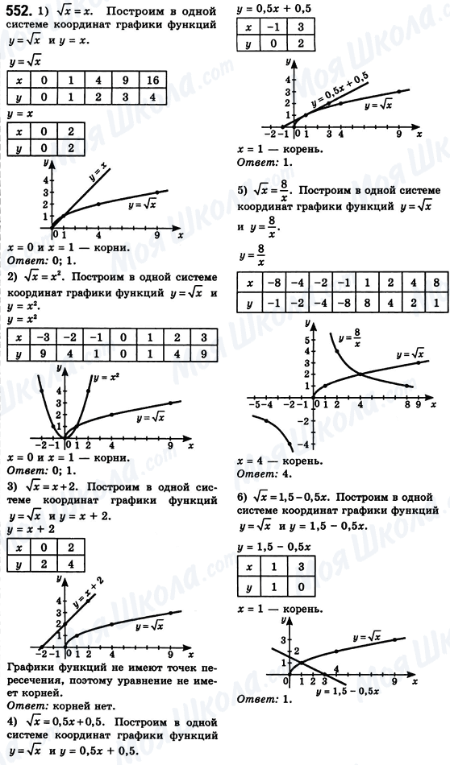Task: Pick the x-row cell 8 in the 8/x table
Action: (x=435, y=283)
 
